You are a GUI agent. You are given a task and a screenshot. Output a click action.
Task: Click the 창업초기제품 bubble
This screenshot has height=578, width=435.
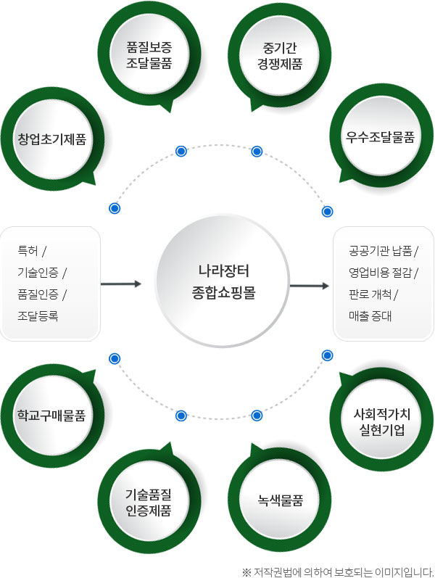click(x=52, y=138)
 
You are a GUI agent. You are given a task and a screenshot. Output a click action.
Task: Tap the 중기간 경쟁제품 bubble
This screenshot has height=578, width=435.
click(x=279, y=56)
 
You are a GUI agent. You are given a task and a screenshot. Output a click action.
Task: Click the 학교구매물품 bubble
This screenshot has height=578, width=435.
click(x=52, y=416)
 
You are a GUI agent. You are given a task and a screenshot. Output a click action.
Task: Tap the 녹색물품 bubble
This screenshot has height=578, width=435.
click(x=279, y=501)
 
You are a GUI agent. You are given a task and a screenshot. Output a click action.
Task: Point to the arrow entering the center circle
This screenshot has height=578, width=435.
click(x=120, y=284)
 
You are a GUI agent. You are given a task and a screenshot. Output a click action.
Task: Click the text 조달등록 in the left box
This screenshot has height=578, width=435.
click(x=38, y=315)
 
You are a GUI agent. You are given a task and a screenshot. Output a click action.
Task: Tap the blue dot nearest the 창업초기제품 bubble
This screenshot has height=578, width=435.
click(x=114, y=208)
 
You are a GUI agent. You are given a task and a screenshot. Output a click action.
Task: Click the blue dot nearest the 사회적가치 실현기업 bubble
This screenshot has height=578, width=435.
click(x=327, y=355)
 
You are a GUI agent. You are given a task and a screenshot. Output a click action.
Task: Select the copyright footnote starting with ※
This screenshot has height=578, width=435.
click(x=336, y=570)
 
